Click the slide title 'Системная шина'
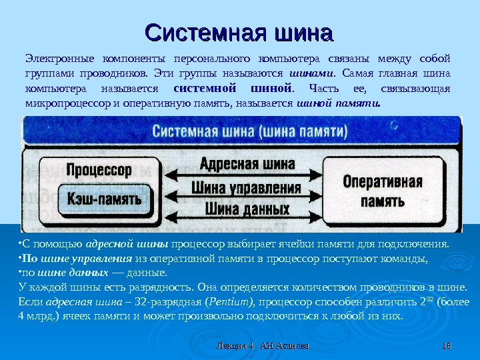239,31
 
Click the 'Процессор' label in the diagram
99,169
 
